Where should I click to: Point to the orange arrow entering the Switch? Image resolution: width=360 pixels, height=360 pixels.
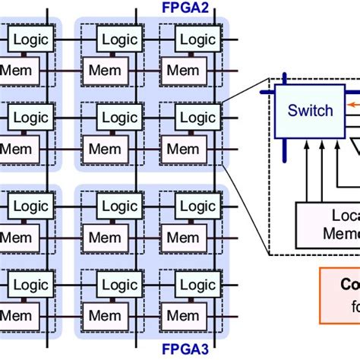pos(351,105)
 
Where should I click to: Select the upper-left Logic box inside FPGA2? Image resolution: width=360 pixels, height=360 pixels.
pos(120,39)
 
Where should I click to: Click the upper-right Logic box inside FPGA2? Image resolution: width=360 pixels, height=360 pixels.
pos(197,39)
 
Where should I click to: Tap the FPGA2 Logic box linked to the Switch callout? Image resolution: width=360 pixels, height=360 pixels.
pos(197,118)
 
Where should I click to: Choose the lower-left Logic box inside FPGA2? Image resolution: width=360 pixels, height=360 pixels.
pos(120,118)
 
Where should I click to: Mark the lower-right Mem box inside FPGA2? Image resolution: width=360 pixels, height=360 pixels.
pos(182,150)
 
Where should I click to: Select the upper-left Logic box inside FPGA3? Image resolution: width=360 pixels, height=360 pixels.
pos(120,206)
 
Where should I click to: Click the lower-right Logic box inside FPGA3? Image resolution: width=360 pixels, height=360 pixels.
pos(197,285)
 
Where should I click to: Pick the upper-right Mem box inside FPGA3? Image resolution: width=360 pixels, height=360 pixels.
pos(182,238)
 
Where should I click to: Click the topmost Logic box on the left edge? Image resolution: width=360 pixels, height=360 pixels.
pos(30,39)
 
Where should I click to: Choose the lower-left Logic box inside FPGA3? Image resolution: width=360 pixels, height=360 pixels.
pos(120,285)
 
